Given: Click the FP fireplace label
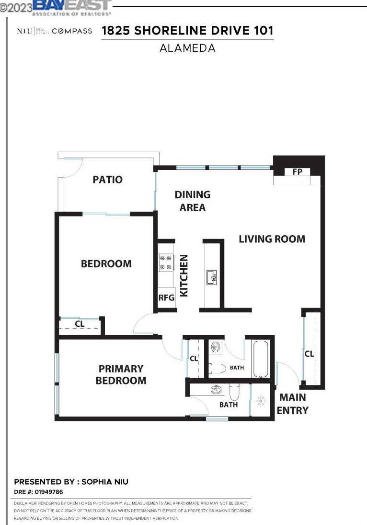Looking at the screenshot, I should coord(297,172).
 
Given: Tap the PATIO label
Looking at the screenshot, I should coord(107,180).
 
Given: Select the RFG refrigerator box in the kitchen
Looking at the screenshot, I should coord(166,298).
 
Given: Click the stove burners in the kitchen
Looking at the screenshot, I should coord(165,262).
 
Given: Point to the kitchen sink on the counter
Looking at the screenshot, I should coord(211,277).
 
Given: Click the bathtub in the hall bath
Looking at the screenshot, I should coord(261,359).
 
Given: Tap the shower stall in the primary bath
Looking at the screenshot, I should coord(261,399).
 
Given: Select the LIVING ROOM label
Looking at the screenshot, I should coord(272,239).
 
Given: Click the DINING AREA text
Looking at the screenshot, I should coord(192,201).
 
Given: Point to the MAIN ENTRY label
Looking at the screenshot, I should coord(292,404).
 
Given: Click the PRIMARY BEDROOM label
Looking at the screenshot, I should coord(121,375).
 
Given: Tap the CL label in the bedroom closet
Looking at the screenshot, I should coord(80,324).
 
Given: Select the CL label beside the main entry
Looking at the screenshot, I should coord(310,354).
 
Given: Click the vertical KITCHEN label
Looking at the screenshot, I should coord(184,275).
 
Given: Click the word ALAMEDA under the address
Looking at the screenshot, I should coord(187,48).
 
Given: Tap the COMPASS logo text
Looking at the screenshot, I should coord(72,31).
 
